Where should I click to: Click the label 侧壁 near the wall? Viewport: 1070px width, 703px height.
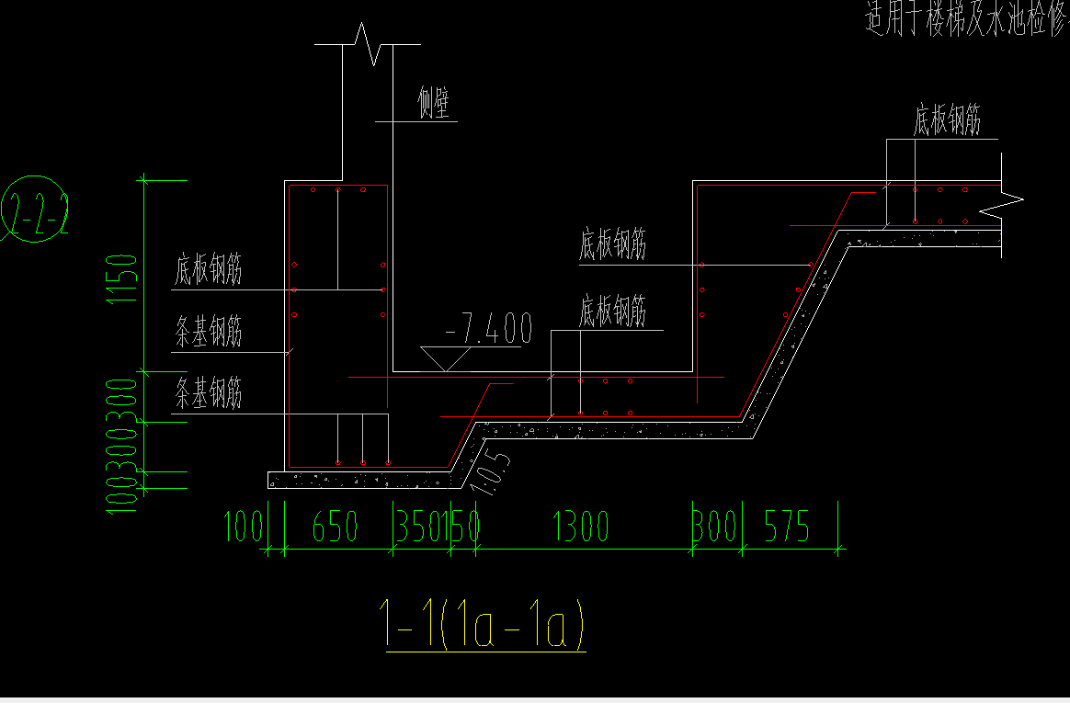click(435, 105)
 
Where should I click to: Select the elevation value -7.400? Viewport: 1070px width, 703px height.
click(488, 328)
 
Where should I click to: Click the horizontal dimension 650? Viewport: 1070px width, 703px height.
click(335, 527)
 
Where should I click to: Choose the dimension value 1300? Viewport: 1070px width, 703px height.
click(581, 527)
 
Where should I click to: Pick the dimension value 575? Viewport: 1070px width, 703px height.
click(786, 527)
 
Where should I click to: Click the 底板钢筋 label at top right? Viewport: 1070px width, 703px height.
click(948, 119)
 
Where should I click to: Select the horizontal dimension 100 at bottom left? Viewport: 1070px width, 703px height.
click(245, 527)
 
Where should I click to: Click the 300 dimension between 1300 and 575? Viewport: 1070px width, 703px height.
click(716, 527)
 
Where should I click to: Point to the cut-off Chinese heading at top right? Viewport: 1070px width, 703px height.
click(965, 18)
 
